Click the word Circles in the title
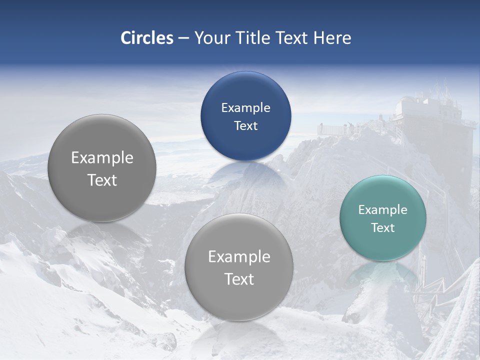click(x=147, y=38)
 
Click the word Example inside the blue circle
click(x=245, y=108)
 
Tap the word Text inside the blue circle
click(x=245, y=126)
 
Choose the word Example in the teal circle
click(x=382, y=210)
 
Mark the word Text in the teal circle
click(x=382, y=228)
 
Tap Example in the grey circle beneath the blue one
click(x=238, y=257)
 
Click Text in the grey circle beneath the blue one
click(x=238, y=279)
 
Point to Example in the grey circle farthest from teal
click(x=102, y=158)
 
